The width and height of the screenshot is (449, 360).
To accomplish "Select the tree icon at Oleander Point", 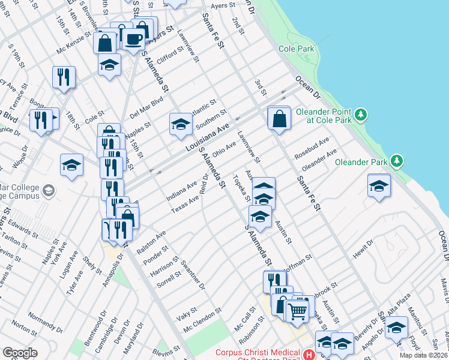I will coord(360,113).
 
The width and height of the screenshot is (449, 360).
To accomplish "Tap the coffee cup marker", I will coord(133,40).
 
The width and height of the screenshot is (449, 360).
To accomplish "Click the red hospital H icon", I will coord(309,355).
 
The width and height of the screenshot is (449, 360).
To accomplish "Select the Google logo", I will coord(20,353).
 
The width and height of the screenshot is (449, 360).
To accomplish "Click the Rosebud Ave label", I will coord(312,149).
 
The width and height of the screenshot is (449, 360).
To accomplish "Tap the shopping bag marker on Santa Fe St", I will coord(280,118).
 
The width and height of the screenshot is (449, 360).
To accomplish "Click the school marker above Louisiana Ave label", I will coord(180,124).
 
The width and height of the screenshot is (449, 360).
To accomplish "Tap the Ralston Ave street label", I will coord(153,239).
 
